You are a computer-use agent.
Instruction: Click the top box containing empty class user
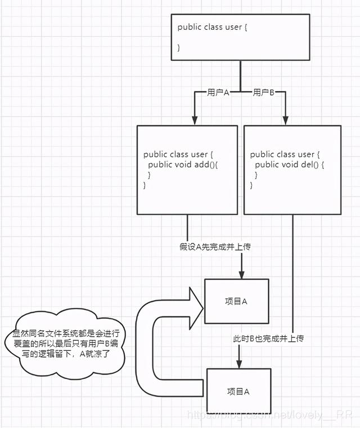click(240, 37)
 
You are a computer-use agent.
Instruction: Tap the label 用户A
click(218, 92)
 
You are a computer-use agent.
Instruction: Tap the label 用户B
click(263, 92)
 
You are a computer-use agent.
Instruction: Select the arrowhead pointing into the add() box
click(195, 119)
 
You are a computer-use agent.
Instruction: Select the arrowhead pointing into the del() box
click(285, 119)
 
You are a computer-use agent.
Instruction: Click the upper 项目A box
click(236, 301)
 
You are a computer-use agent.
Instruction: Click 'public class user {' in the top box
click(212, 26)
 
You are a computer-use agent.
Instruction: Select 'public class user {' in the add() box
click(178, 154)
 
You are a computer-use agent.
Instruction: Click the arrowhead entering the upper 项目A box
click(242, 274)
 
